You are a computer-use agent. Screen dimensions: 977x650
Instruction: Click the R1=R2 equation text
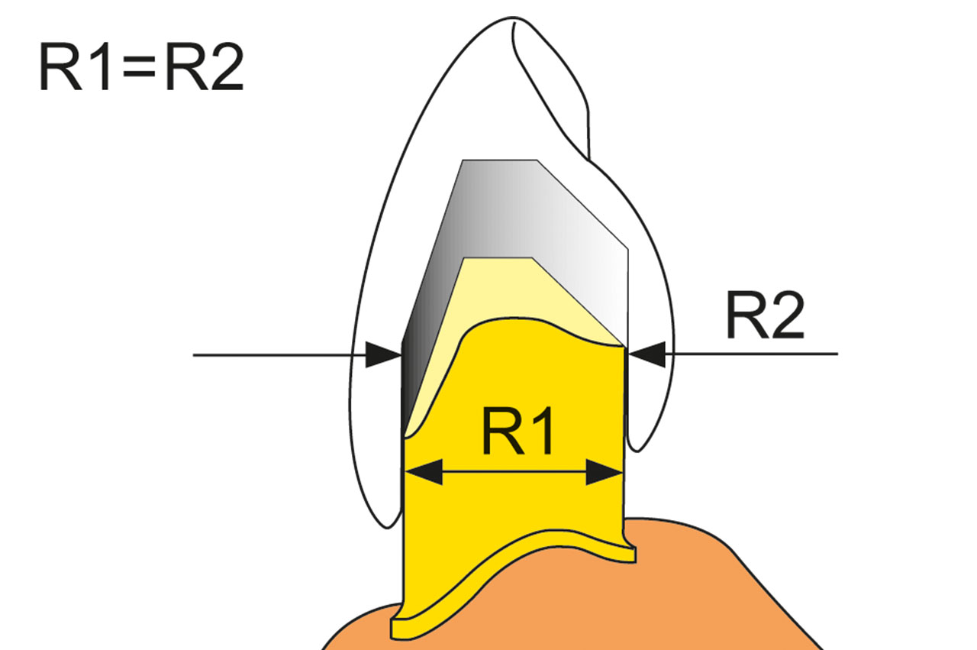coord(141,67)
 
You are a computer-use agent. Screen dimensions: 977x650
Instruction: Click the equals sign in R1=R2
coord(139,69)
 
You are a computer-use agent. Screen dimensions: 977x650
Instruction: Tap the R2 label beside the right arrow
coord(765,315)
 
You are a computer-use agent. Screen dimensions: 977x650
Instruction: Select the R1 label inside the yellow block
coord(518,431)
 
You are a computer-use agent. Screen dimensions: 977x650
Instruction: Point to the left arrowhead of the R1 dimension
coord(424,472)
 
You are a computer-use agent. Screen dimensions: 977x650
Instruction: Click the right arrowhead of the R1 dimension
coord(604,472)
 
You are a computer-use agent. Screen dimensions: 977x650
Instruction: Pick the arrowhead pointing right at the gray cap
coord(383,355)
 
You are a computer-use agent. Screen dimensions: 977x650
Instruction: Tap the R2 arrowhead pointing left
coord(646,354)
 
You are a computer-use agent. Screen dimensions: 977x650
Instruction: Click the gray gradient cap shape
coord(514,244)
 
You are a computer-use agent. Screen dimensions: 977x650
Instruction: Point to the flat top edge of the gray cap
coord(500,160)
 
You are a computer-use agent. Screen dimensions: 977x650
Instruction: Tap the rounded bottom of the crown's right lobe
coord(636,450)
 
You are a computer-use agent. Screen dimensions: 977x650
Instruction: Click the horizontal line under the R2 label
coord(751,354)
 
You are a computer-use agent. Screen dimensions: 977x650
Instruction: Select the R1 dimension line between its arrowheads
coord(514,472)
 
